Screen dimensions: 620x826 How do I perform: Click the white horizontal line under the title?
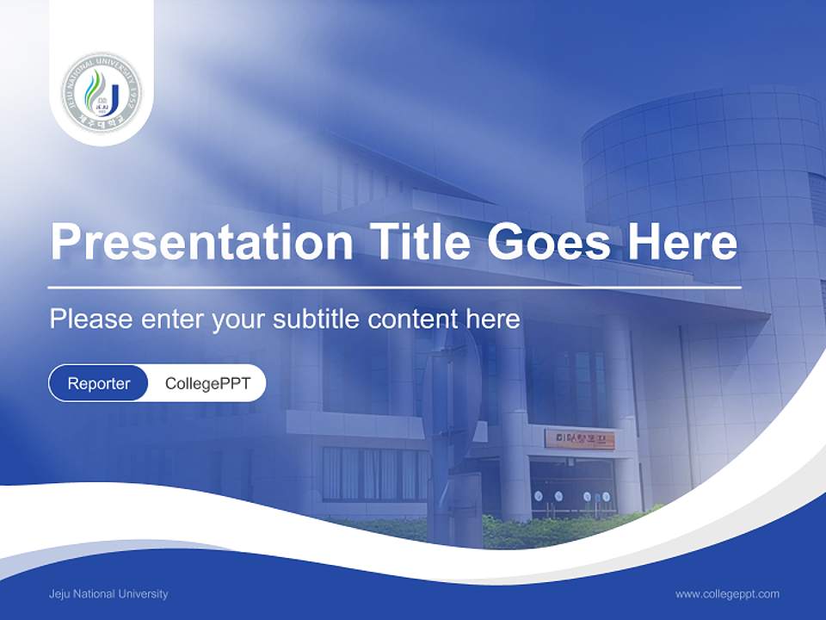(394, 288)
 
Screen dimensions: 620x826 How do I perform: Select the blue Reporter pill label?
(98, 383)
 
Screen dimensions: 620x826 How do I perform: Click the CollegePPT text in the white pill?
(207, 383)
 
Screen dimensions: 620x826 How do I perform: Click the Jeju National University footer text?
(108, 594)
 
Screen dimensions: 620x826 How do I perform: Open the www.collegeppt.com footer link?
(727, 594)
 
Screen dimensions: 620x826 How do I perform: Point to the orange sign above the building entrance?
(579, 439)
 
